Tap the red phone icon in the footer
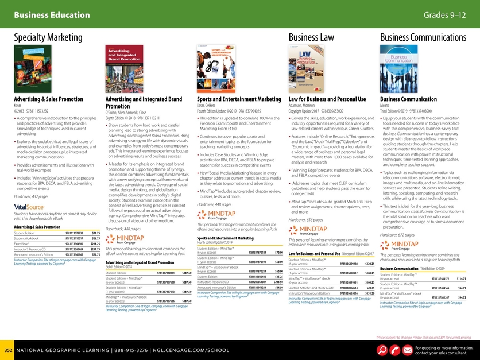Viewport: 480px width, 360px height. (x=394, y=350)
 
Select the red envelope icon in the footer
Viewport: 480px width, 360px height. (x=408, y=350)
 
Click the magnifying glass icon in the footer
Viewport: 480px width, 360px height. (x=381, y=350)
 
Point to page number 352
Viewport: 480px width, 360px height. (x=8, y=350)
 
